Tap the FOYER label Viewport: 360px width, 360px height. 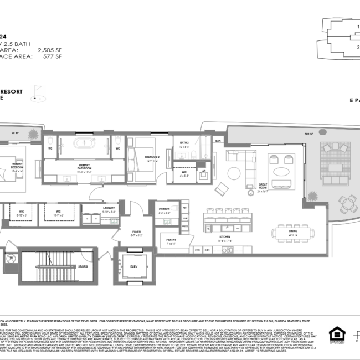[x=136, y=233]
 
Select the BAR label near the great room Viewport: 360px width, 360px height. [x=218, y=141]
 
